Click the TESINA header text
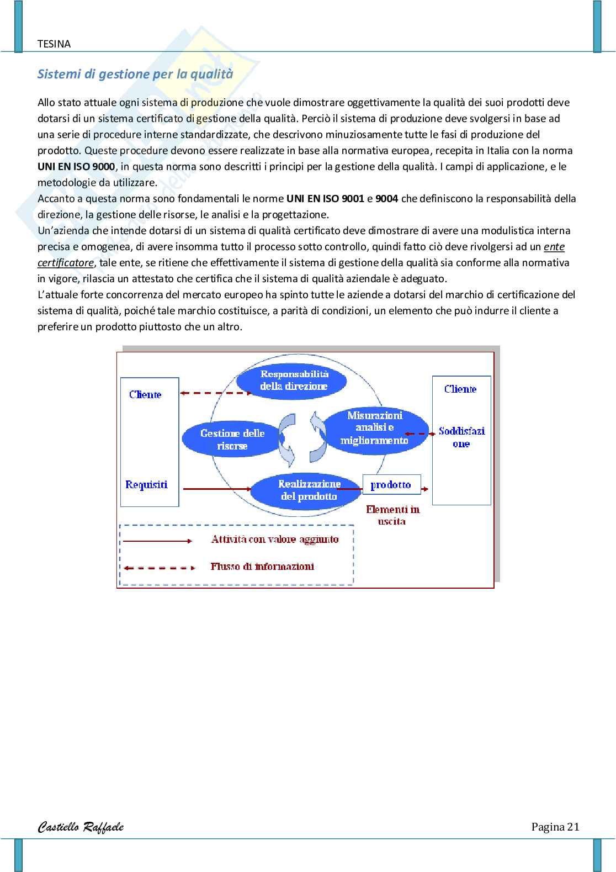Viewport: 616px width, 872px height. tap(54, 44)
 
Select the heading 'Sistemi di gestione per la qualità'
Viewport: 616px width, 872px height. tap(135, 74)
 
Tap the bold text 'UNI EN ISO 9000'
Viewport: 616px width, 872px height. tap(76, 167)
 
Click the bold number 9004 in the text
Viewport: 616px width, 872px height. tap(386, 199)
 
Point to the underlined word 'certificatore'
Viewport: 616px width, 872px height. tap(66, 263)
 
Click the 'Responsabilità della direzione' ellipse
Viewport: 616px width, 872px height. tap(292, 380)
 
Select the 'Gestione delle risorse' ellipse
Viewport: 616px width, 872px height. tap(232, 440)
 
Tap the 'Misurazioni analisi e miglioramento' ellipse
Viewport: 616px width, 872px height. tap(374, 428)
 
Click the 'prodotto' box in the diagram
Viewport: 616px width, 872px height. tap(391, 485)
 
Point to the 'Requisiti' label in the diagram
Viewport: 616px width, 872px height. tap(146, 485)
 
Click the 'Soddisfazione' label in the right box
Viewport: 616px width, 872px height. tap(461, 437)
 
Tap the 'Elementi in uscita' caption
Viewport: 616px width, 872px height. tap(392, 515)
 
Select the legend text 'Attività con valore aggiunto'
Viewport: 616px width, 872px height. tap(275, 540)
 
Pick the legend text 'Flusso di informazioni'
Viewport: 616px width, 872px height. tap(262, 567)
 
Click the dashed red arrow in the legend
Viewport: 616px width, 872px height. tap(159, 568)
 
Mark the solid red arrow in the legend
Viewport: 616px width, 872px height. tap(158, 541)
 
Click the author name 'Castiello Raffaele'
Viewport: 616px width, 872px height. tap(81, 827)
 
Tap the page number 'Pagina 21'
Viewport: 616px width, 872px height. tap(555, 827)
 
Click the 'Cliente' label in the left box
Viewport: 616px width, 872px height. tap(145, 395)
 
